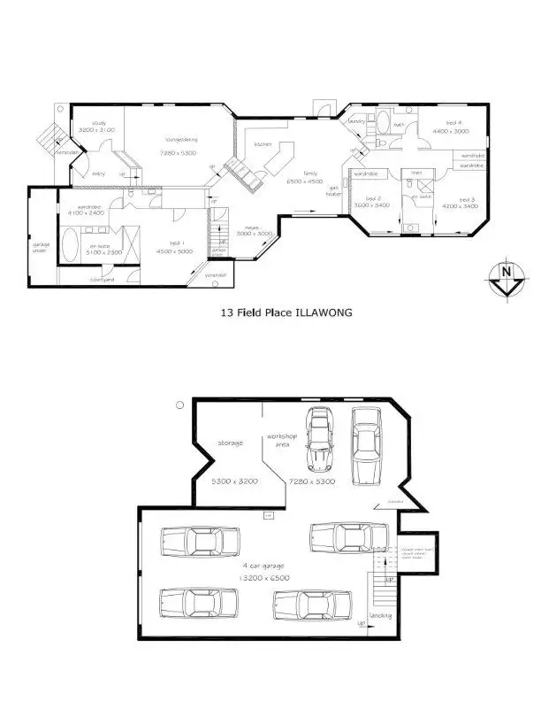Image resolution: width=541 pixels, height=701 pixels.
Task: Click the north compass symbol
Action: [505, 276]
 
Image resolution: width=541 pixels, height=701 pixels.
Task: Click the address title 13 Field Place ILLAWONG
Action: [271, 312]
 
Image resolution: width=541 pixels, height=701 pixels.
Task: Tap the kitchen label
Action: [263, 143]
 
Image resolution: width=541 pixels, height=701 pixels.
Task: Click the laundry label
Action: [357, 120]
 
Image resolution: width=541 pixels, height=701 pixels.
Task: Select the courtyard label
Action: [102, 281]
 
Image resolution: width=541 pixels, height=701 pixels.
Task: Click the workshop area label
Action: [284, 440]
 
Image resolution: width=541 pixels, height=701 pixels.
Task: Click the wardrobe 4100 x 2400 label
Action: [83, 209]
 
